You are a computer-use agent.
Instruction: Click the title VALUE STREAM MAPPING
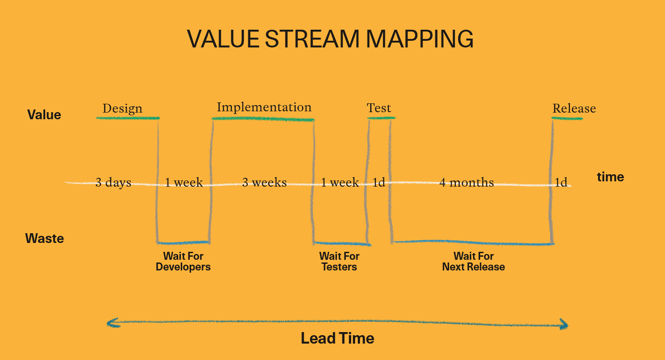point(330,39)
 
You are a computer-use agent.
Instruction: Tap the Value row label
point(44,115)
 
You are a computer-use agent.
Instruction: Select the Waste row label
point(44,239)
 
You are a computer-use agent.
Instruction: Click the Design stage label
point(122,109)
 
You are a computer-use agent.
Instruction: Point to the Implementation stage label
point(264,107)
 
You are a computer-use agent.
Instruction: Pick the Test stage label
point(379,108)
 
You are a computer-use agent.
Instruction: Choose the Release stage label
point(574,109)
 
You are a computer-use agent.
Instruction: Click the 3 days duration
point(113,183)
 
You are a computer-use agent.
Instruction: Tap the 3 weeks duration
point(264,182)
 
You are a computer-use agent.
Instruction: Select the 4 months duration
point(466,182)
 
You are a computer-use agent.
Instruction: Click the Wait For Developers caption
point(183,262)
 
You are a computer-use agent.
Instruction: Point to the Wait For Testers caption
point(339,262)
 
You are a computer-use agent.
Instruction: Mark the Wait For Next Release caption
point(473,262)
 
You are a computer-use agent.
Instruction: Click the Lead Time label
point(337,338)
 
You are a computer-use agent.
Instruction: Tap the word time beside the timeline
point(610,177)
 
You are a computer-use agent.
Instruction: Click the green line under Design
point(128,118)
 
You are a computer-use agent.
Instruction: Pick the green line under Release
point(567,119)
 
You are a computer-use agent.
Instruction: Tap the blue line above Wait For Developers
point(183,243)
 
